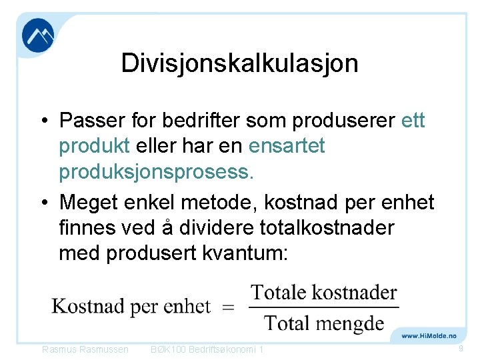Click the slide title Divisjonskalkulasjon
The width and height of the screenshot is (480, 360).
[x=239, y=63]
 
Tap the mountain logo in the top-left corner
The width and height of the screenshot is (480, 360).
[x=38, y=35]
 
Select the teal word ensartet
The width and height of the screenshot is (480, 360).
[x=286, y=146]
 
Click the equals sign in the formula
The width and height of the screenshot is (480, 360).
[x=228, y=307]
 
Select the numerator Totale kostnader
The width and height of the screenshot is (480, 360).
[x=323, y=293]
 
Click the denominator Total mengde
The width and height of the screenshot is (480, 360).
[x=324, y=323]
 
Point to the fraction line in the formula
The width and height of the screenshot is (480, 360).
[x=323, y=308]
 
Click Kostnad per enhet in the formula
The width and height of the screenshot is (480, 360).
[x=131, y=307]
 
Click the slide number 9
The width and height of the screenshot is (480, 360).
[x=461, y=349]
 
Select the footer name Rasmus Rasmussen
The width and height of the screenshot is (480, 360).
[x=85, y=350]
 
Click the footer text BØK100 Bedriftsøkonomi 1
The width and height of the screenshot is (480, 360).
[x=207, y=350]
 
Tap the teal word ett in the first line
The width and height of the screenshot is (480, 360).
[x=413, y=121]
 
